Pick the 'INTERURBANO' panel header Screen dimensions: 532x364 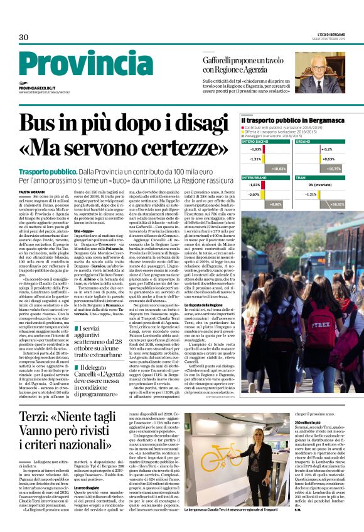pos(255,178)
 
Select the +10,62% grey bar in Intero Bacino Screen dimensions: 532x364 pos(277,169)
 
